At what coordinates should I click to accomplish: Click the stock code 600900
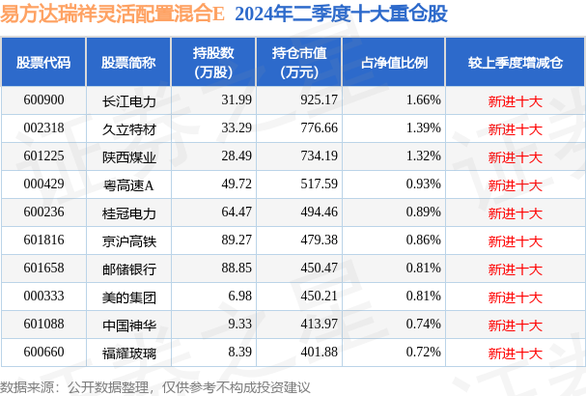tap(43, 99)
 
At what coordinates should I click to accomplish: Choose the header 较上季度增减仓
tap(516, 62)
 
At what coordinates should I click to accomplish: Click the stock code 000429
tap(43, 183)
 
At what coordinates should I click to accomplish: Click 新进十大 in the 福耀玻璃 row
tap(516, 351)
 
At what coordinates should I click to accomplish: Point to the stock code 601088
tap(43, 323)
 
